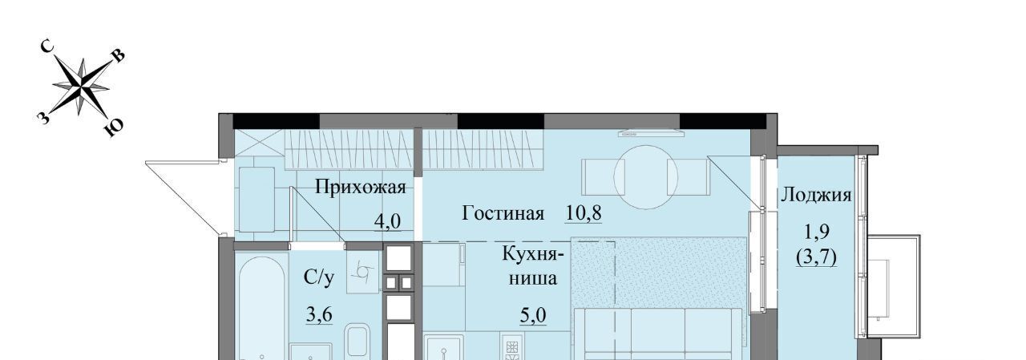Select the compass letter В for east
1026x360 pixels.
(x=118, y=56)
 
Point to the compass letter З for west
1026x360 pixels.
(x=42, y=118)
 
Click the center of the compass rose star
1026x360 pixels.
(x=82, y=86)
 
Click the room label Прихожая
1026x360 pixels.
(x=361, y=188)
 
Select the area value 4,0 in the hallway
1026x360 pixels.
(x=387, y=221)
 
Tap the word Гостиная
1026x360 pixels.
(x=503, y=213)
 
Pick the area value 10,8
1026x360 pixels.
(x=583, y=213)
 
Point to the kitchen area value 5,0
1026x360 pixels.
(x=533, y=316)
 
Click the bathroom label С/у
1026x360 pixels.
(x=319, y=277)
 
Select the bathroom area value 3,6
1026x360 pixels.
(x=319, y=315)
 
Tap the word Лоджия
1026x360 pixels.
(x=816, y=196)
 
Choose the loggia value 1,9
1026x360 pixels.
(x=817, y=232)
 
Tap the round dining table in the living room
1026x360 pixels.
(x=645, y=177)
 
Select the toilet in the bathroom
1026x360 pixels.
(x=357, y=342)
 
